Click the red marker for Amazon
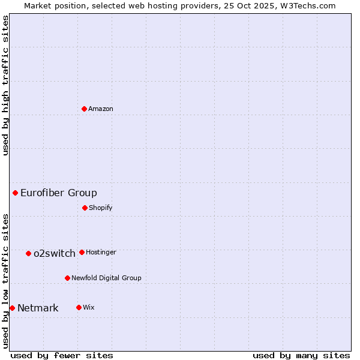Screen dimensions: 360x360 pyautogui.click(x=85, y=109)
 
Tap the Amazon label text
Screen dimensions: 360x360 pyautogui.click(x=101, y=109)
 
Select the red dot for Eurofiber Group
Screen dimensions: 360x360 pyautogui.click(x=16, y=193)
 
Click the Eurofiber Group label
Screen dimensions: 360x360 pyautogui.click(x=59, y=193)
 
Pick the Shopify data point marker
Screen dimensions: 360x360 pyautogui.click(x=85, y=208)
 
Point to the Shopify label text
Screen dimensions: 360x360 pyautogui.click(x=101, y=208)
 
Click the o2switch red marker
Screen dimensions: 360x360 pyautogui.click(x=28, y=253)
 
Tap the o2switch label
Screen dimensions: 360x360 pyautogui.click(x=55, y=253)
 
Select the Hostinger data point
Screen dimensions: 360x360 pyautogui.click(x=82, y=252)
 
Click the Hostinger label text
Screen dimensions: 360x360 pyautogui.click(x=101, y=252)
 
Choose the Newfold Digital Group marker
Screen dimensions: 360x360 pyautogui.click(x=67, y=278)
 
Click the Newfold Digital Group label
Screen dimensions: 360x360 pyautogui.click(x=106, y=278)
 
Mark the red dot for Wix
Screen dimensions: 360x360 pyautogui.click(x=79, y=307)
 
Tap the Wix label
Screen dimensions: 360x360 pyautogui.click(x=89, y=307)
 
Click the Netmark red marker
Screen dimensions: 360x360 pyautogui.click(x=12, y=308)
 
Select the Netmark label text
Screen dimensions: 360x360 pyautogui.click(x=38, y=308)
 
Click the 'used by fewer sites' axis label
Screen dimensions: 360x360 pyautogui.click(x=62, y=355)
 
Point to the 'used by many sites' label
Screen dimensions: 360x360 pyautogui.click(x=301, y=355)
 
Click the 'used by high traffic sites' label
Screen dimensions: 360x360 pyautogui.click(x=5, y=85)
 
